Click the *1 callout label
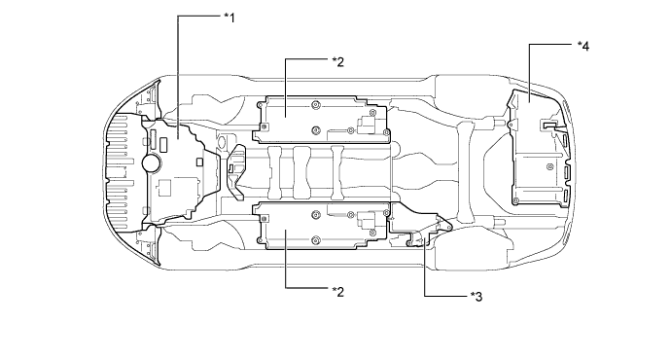[230, 18]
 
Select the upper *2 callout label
[338, 62]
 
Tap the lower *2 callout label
[338, 292]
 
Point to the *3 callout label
[477, 296]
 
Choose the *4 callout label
[583, 47]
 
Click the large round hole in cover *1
[152, 162]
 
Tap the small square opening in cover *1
[199, 162]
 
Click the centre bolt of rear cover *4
[550, 166]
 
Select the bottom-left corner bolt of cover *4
[517, 200]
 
